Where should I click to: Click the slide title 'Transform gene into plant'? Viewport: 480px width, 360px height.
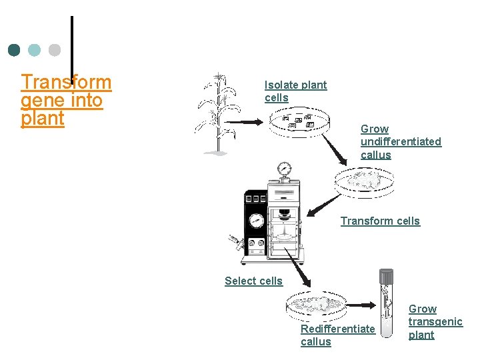(x=65, y=100)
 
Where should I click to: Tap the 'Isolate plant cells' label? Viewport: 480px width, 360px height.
(x=295, y=91)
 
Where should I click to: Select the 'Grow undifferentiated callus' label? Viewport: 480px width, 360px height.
(x=400, y=141)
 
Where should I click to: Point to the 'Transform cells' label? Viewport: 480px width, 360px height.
(x=380, y=221)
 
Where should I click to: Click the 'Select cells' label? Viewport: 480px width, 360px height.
(x=253, y=281)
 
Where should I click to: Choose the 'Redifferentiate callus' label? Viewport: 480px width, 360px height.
(x=337, y=335)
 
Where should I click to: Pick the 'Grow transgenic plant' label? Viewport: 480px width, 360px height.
(x=435, y=322)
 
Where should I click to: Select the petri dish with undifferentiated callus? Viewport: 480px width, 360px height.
(x=363, y=181)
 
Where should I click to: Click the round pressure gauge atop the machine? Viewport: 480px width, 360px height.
(x=285, y=168)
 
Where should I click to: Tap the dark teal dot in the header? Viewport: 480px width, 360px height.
(x=14, y=50)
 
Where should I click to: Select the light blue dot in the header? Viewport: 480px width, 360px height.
(x=35, y=50)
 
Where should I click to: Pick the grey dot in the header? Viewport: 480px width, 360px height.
(x=55, y=50)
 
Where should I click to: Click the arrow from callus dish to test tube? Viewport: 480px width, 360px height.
(x=363, y=305)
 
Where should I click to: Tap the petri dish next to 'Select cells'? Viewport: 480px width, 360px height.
(x=317, y=305)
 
